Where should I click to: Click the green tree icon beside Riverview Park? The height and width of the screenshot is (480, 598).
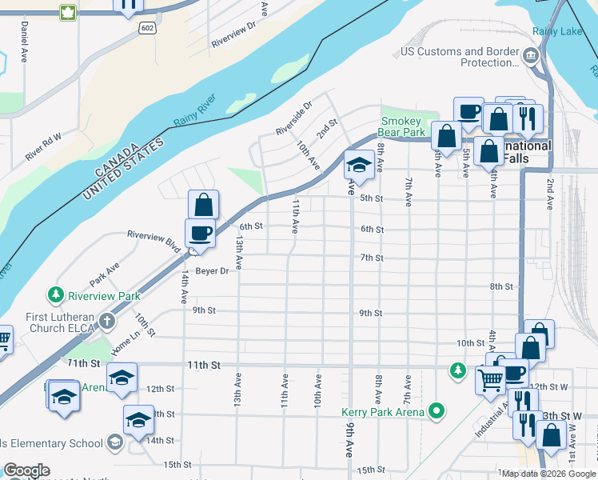56,294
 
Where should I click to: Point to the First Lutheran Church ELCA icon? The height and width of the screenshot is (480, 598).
106,321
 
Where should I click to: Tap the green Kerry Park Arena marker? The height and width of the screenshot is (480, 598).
436,412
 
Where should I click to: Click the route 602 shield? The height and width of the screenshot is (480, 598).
146,27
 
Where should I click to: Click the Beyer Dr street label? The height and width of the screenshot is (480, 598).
213,271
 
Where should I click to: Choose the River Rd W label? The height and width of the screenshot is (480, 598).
42,147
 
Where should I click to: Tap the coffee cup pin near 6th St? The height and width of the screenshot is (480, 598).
200,233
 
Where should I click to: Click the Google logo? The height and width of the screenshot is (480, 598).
26,470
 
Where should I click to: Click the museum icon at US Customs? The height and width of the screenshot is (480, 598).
530,55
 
